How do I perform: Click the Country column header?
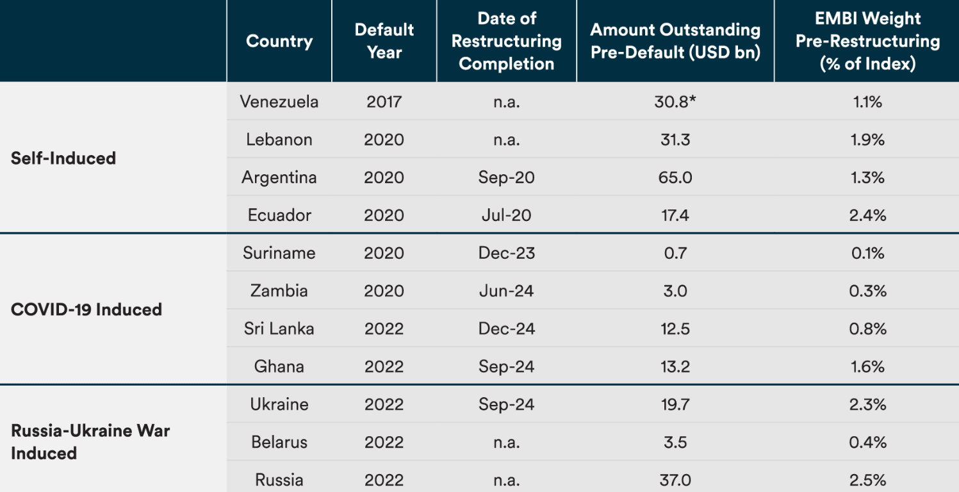pyautogui.click(x=279, y=41)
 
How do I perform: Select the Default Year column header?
pyautogui.click(x=384, y=41)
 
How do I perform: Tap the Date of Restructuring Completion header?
pyautogui.click(x=507, y=41)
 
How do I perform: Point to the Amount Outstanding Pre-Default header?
pyautogui.click(x=675, y=41)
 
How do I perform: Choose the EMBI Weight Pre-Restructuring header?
pyautogui.click(x=867, y=41)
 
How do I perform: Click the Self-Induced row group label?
pyautogui.click(x=63, y=158)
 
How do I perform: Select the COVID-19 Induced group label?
pyautogui.click(x=86, y=309)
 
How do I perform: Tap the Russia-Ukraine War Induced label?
pyautogui.click(x=90, y=441)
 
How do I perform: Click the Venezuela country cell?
pyautogui.click(x=279, y=101)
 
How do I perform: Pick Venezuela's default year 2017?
pyautogui.click(x=384, y=101)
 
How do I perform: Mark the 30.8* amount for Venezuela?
pyautogui.click(x=675, y=101)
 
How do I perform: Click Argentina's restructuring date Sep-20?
pyautogui.click(x=506, y=177)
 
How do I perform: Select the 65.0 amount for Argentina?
pyautogui.click(x=675, y=177)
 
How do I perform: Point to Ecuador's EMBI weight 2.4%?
pyautogui.click(x=867, y=215)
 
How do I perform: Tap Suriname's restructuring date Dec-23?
pyautogui.click(x=506, y=252)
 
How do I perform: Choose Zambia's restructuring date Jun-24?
pyautogui.click(x=506, y=290)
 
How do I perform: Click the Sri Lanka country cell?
pyautogui.click(x=279, y=328)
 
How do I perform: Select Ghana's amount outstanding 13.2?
pyautogui.click(x=675, y=366)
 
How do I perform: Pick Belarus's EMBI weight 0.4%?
pyautogui.click(x=867, y=442)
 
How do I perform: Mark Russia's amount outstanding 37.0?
pyautogui.click(x=675, y=480)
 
